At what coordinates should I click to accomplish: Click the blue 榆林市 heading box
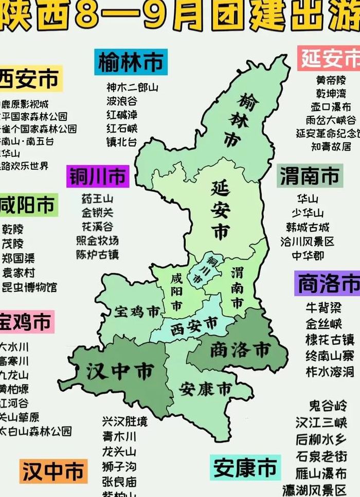(131, 62)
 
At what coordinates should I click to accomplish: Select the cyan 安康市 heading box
(245, 468)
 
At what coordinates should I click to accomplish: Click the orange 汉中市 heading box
(52, 471)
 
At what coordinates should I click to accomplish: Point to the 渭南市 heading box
(309, 176)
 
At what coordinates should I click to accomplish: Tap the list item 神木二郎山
(132, 87)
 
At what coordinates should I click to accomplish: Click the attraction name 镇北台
(122, 142)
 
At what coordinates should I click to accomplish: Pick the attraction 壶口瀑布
(331, 107)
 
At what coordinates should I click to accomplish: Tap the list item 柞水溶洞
(330, 372)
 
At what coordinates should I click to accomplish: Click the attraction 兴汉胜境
(124, 422)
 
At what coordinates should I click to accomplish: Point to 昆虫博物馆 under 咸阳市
(29, 287)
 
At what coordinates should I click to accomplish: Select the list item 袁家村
(19, 272)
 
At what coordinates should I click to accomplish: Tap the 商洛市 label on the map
(240, 350)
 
